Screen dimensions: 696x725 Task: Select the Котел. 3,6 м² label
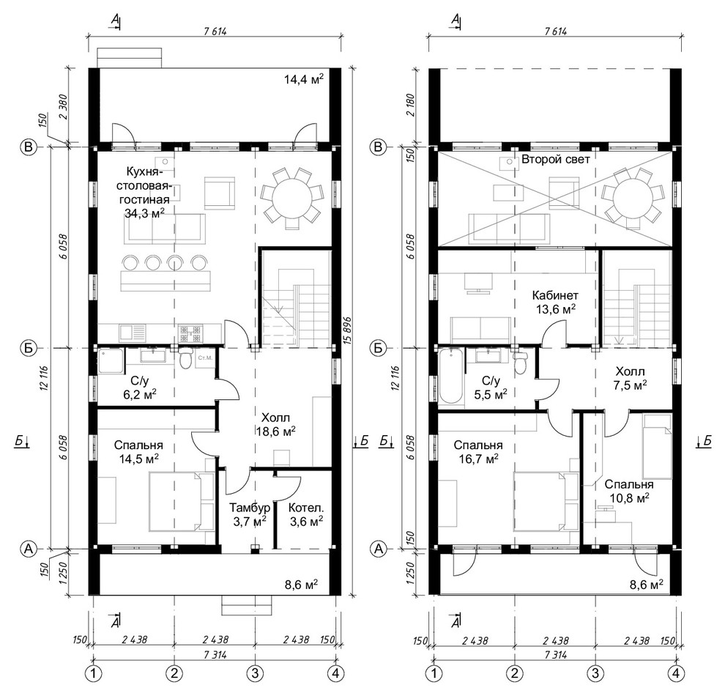(306, 514)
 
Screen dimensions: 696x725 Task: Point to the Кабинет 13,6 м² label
(554, 301)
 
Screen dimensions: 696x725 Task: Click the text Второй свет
(555, 158)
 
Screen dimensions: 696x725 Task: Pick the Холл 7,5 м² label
(629, 377)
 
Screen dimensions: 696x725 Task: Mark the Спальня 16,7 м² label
(476, 451)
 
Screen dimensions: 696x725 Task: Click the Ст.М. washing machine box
(205, 358)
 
